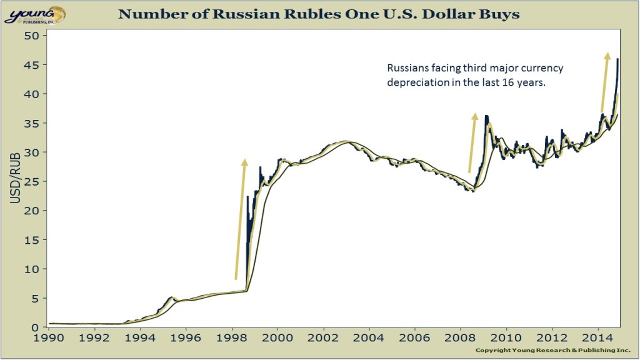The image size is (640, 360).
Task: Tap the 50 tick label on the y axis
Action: pyautogui.click(x=32, y=36)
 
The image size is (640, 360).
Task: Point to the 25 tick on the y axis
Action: pyautogui.click(x=32, y=182)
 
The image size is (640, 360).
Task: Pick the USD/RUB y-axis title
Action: pyautogui.click(x=17, y=181)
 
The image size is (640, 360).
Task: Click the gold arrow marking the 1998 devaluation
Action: pyautogui.click(x=241, y=219)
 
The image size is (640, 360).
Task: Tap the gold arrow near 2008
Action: pyautogui.click(x=472, y=142)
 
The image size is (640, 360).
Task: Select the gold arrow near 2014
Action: pyautogui.click(x=604, y=82)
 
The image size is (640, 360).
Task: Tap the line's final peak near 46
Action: pyautogui.click(x=617, y=59)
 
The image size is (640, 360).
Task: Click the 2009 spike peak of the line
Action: pyautogui.click(x=486, y=116)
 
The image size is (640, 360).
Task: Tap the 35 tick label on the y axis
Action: pyautogui.click(x=32, y=123)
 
